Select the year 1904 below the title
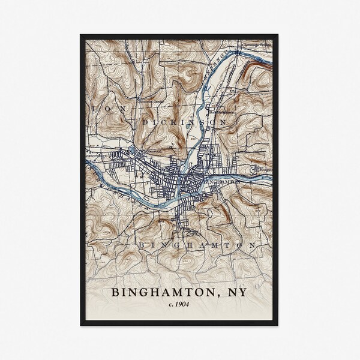[183, 305]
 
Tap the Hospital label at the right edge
[266, 170]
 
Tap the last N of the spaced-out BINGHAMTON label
[254, 246]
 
